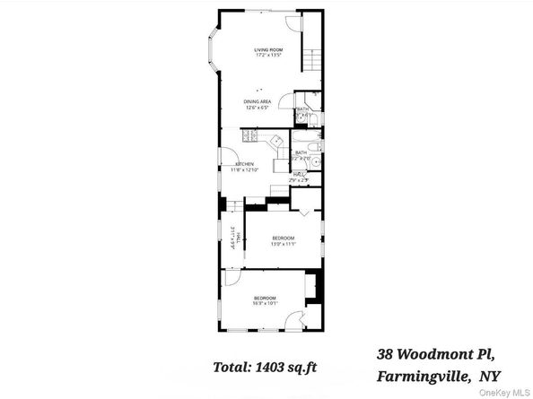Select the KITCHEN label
click(244, 164)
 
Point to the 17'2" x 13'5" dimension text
click(267, 56)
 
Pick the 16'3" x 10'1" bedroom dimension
click(264, 303)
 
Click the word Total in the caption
click(231, 367)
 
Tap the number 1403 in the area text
click(269, 367)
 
